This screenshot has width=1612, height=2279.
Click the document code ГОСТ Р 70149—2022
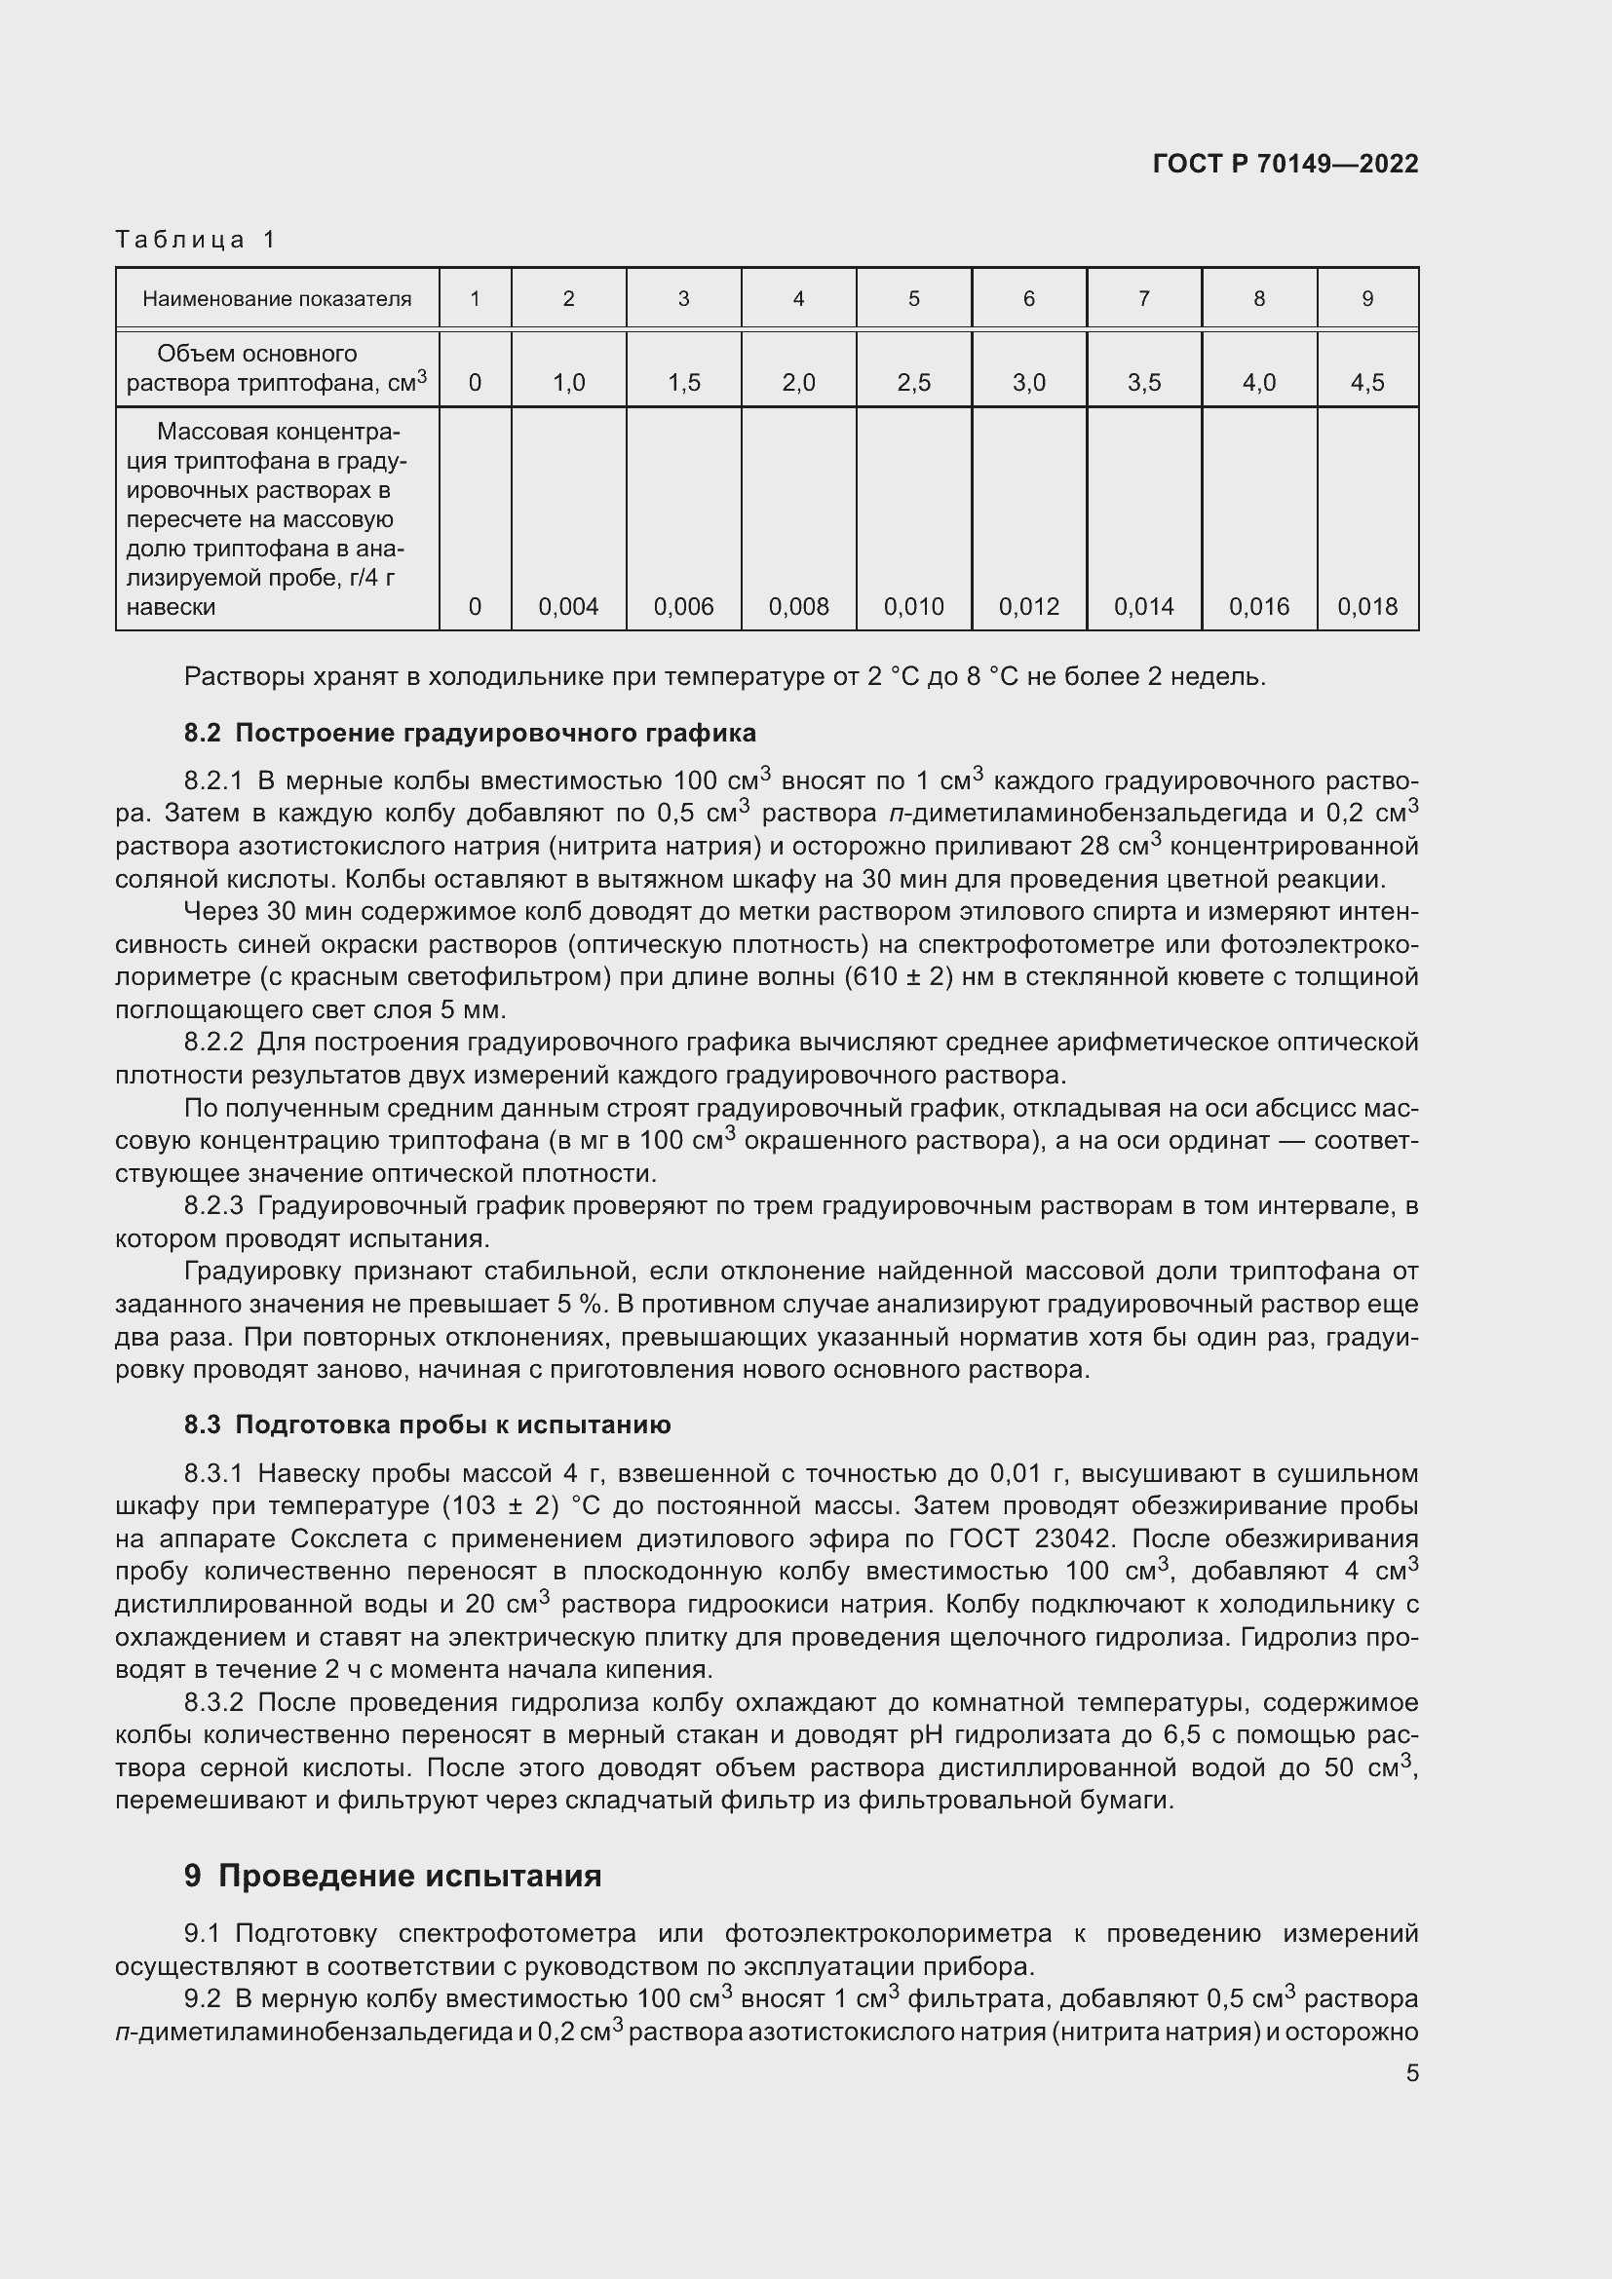pyautogui.click(x=1286, y=164)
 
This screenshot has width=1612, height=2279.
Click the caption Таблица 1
pyautogui.click(x=196, y=240)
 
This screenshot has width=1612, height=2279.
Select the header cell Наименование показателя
pyautogui.click(x=277, y=299)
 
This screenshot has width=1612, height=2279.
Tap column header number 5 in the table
pyautogui.click(x=913, y=299)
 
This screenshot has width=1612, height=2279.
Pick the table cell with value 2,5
pyautogui.click(x=913, y=382)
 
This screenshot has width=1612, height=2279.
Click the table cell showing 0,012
pyautogui.click(x=1028, y=606)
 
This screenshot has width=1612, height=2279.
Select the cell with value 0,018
pyautogui.click(x=1366, y=606)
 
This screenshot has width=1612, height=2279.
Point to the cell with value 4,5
pyautogui.click(x=1366, y=382)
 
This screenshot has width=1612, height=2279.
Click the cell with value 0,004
pyautogui.click(x=568, y=606)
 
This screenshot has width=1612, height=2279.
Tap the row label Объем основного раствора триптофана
pyautogui.click(x=277, y=368)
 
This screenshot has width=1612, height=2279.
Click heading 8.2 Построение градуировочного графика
pyautogui.click(x=470, y=733)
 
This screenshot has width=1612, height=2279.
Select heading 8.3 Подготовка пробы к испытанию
pyautogui.click(x=427, y=1424)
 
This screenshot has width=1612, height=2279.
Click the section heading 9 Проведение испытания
pyautogui.click(x=392, y=1876)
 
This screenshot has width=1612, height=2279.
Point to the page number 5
pyautogui.click(x=1411, y=2072)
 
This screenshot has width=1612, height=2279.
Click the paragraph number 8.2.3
pyautogui.click(x=213, y=1206)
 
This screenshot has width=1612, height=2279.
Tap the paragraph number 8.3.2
pyautogui.click(x=213, y=1703)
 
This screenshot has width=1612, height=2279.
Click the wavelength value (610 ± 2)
pyautogui.click(x=900, y=976)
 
